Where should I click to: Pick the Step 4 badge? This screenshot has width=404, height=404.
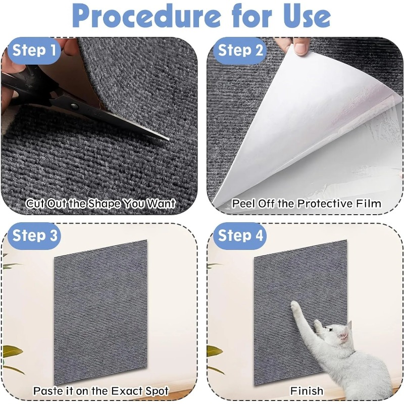240,236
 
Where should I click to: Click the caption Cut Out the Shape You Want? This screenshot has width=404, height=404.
100,204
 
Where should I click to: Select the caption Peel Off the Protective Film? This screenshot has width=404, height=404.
307,204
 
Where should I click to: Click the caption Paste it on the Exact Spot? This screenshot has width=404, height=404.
100,390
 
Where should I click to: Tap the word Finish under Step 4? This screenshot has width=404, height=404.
307,390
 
